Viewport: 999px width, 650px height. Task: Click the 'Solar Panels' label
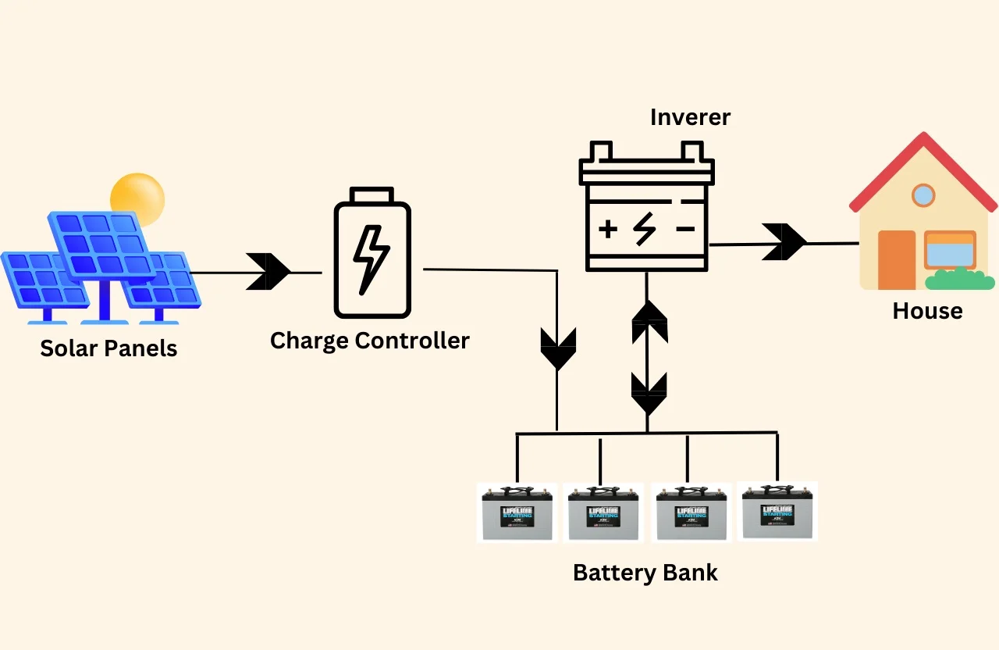(108, 348)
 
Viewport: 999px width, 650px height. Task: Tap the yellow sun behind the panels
(138, 195)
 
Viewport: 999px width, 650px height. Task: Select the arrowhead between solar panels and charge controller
(268, 272)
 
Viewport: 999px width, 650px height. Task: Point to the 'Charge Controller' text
(369, 341)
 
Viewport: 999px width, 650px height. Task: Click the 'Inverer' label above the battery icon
(690, 117)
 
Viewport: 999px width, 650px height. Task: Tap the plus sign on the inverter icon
(607, 229)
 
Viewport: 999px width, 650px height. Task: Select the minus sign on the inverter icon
(684, 229)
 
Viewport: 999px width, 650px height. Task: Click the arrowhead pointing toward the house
(784, 242)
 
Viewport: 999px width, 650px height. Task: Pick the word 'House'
(927, 311)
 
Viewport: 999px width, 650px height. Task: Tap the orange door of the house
(896, 260)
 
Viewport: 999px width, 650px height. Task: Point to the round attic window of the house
(923, 195)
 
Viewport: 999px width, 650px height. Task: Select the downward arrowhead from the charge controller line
(557, 349)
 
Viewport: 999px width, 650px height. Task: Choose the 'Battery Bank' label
(645, 572)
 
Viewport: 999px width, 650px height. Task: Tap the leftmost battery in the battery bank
(517, 512)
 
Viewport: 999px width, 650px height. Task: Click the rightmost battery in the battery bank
(777, 511)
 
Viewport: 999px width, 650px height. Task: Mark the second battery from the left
(603, 512)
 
